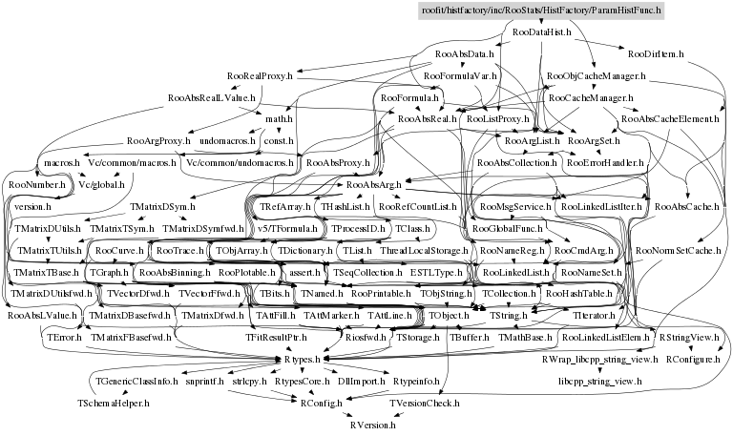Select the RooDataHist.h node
click(x=542, y=31)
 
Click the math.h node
click(x=278, y=119)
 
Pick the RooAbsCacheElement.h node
click(x=668, y=119)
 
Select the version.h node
click(x=32, y=205)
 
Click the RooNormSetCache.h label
click(x=677, y=250)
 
